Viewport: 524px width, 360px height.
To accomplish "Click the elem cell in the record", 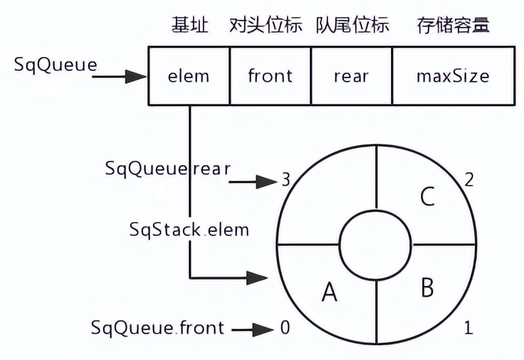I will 189,76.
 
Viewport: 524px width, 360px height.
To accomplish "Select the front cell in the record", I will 271,76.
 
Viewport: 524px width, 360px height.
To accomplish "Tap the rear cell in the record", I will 352,76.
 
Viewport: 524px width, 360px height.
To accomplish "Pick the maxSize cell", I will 452,76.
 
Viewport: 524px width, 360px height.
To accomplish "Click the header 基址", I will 190,26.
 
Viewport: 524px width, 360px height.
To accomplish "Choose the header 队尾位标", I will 352,26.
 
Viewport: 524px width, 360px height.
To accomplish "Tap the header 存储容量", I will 453,26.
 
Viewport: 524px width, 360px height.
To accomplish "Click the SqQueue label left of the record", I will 56,64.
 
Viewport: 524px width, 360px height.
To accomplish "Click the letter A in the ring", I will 329,291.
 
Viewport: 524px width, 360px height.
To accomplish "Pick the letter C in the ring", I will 427,196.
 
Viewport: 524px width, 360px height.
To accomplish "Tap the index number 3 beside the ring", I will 285,181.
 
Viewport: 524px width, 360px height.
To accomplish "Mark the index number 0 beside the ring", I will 285,329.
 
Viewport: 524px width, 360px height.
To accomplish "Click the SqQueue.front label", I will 157,328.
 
